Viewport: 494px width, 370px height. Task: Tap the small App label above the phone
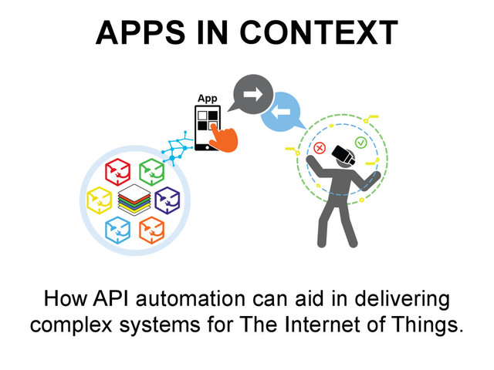207,99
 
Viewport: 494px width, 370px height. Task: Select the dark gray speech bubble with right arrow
252,95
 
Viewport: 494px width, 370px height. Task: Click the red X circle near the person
320,148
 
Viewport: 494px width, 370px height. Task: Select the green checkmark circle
360,143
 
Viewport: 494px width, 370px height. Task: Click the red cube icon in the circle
117,170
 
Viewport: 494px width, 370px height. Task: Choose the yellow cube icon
100,200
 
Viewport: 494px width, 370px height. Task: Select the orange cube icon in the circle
151,229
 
